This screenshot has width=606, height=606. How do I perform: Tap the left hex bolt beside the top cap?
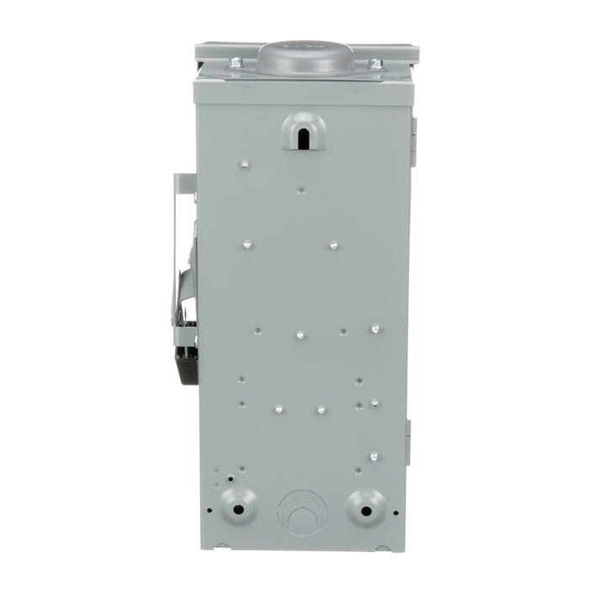point(235,62)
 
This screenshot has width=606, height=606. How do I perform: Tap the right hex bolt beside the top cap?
point(375,63)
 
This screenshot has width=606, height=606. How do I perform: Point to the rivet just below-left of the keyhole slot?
point(242,164)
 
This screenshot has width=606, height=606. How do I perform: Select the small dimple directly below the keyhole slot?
point(301,190)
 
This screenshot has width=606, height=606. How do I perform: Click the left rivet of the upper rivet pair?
point(247,244)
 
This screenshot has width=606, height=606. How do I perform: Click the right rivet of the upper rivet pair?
point(333,245)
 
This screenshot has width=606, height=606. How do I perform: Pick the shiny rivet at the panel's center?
point(299,335)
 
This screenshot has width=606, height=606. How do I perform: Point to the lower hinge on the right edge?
point(408,442)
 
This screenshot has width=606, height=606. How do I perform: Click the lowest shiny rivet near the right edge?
point(374,456)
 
